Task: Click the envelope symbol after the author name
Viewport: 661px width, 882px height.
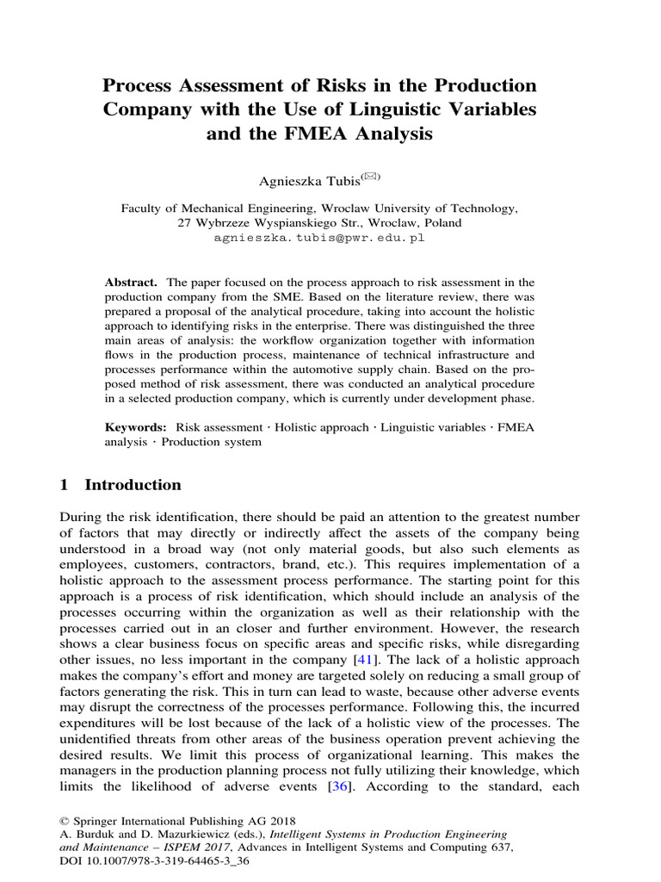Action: tap(371, 176)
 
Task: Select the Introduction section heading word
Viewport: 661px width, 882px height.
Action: tap(133, 485)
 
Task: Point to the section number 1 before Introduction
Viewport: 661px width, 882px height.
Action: tap(65, 485)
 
